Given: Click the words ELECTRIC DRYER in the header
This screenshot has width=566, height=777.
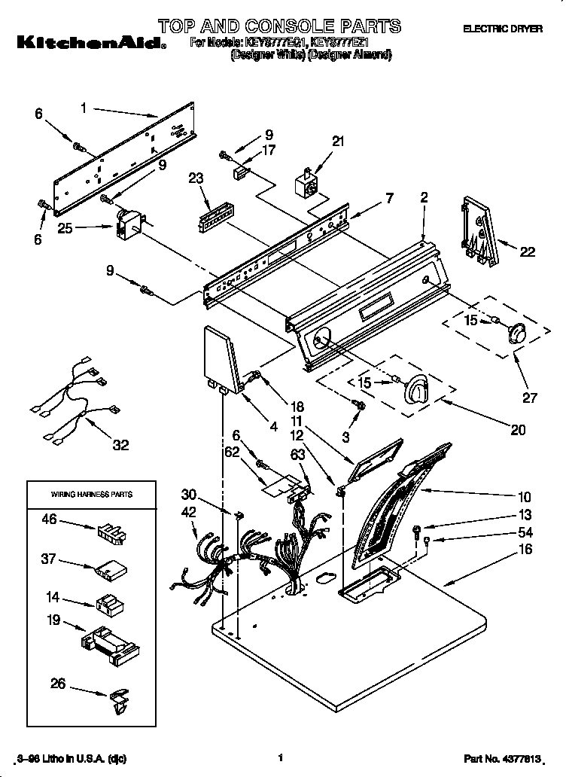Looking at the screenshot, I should click(x=502, y=29).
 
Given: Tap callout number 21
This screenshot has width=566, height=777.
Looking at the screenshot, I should click(x=337, y=141).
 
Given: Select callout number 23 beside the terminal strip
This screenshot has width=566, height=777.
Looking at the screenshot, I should click(x=197, y=178).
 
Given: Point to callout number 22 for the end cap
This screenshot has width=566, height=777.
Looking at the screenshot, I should click(x=527, y=252).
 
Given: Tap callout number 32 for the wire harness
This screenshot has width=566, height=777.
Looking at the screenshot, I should click(x=120, y=445).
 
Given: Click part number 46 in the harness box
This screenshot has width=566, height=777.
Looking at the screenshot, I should click(x=49, y=520).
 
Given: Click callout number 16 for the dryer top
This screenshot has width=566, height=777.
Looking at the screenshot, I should click(x=525, y=550).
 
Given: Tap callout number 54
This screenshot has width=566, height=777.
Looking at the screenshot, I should click(x=525, y=532).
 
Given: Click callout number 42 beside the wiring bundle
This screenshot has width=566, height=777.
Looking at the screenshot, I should click(x=189, y=511).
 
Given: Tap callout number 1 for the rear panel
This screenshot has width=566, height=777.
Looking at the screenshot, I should click(x=84, y=108).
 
